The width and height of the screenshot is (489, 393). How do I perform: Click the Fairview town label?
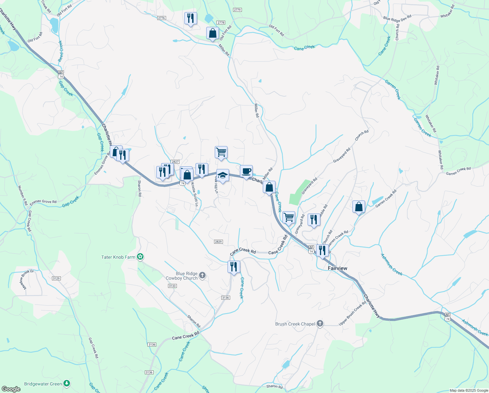[x=337, y=268]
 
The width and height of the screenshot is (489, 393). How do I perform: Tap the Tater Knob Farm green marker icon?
[x=140, y=257]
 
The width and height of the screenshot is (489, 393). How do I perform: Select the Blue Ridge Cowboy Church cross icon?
[x=202, y=275]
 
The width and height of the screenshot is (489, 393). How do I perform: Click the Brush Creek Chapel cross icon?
[x=320, y=324]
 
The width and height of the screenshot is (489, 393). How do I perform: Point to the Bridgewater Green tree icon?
[x=67, y=383]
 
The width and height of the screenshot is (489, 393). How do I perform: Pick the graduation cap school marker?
[x=223, y=175]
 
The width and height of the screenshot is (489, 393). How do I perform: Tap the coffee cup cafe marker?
[x=246, y=171]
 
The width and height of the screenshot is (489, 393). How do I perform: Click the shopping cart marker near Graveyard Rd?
[x=289, y=217]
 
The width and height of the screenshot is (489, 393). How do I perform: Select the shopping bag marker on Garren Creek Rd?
[x=359, y=207]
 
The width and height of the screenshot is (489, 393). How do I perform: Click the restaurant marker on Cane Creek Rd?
[x=234, y=267]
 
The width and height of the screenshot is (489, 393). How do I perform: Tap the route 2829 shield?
[x=218, y=242]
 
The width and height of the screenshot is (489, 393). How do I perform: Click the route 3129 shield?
[x=56, y=278]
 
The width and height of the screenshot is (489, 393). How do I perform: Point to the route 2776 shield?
[x=161, y=18]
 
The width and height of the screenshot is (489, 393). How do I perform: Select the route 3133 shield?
[x=172, y=286]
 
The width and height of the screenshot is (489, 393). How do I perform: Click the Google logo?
[x=11, y=389]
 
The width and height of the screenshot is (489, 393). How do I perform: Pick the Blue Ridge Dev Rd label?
[x=397, y=18]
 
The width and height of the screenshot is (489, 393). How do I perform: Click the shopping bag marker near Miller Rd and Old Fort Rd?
[x=212, y=33]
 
